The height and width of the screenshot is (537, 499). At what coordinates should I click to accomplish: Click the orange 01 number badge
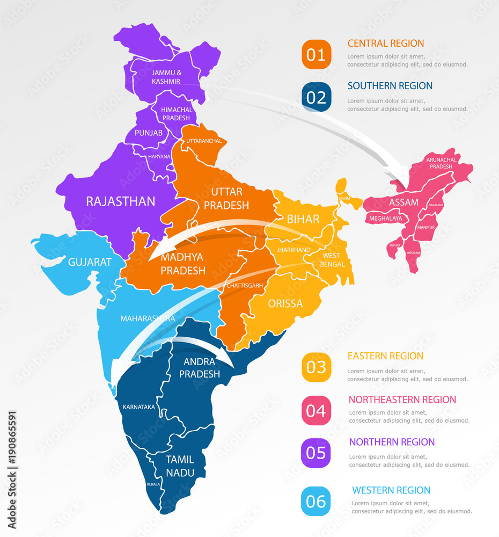pyautogui.click(x=316, y=55)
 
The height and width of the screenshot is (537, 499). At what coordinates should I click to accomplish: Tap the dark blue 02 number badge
pyautogui.click(x=316, y=97)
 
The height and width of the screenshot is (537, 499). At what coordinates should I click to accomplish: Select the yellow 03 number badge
pyautogui.click(x=316, y=367)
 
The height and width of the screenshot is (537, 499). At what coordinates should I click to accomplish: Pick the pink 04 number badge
pyautogui.click(x=316, y=411)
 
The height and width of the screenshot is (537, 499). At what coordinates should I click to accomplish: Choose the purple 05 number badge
pyautogui.click(x=316, y=453)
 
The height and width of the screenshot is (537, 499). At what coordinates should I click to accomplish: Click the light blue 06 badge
pyautogui.click(x=316, y=502)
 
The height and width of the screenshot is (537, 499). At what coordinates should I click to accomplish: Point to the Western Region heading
pyautogui.click(x=391, y=490)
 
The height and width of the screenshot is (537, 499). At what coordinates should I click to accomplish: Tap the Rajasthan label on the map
pyautogui.click(x=121, y=201)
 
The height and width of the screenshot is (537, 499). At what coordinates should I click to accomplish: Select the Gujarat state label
pyautogui.click(x=90, y=262)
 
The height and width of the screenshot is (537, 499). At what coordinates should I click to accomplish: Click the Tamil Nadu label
pyautogui.click(x=180, y=466)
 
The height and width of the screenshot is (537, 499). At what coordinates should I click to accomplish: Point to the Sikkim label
pyautogui.click(x=344, y=198)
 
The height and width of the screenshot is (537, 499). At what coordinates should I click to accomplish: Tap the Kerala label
pyautogui.click(x=153, y=484)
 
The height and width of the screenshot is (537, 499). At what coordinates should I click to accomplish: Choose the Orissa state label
pyautogui.click(x=285, y=303)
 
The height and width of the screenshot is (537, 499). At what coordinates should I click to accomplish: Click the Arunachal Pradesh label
pyautogui.click(x=439, y=163)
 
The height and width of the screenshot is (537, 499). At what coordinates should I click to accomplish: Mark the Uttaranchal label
pyautogui.click(x=204, y=141)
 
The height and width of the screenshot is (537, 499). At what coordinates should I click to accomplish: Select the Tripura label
pyautogui.click(x=395, y=245)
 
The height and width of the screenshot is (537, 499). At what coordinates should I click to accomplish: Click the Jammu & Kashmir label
pyautogui.click(x=166, y=77)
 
